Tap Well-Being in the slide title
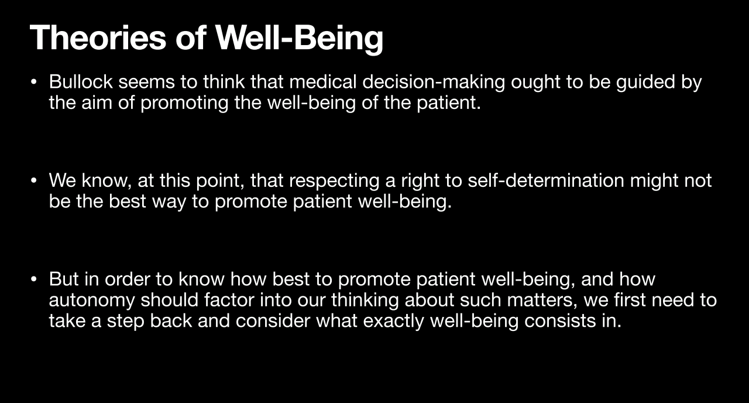pos(299,39)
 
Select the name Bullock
pos(81,81)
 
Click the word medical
pos(323,81)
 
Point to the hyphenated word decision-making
pos(434,83)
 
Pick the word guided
pos(645,83)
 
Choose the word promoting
pos(184,103)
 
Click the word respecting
pos(334,182)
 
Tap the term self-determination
pos(546,180)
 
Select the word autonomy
pos(92,300)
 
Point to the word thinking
pos(365,300)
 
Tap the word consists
pos(561,320)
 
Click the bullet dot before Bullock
pos(33,82)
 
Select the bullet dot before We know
pos(33,181)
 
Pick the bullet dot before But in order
pos(33,279)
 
